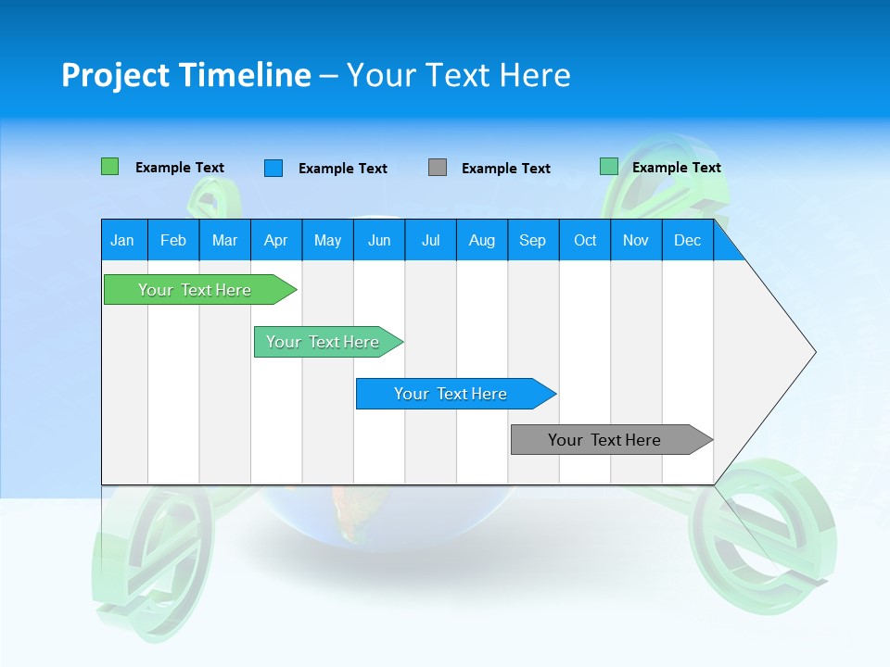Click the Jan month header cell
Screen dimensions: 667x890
tap(123, 240)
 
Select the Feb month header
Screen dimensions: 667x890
tap(173, 240)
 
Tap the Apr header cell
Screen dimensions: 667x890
tap(276, 240)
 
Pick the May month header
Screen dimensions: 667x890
tap(327, 240)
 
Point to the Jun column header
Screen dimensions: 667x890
tap(379, 240)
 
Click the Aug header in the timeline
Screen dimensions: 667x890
tap(482, 240)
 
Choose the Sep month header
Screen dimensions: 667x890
tap(533, 240)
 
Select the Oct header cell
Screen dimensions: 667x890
tap(585, 240)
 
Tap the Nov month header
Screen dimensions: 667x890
tap(636, 240)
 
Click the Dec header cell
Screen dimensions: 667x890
tap(688, 240)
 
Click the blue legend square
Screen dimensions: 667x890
tap(273, 168)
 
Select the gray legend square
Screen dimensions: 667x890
tap(438, 168)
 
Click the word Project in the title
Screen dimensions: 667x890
tap(115, 75)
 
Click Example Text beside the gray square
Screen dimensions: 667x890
tap(506, 169)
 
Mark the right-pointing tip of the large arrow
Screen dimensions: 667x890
tap(814, 352)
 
